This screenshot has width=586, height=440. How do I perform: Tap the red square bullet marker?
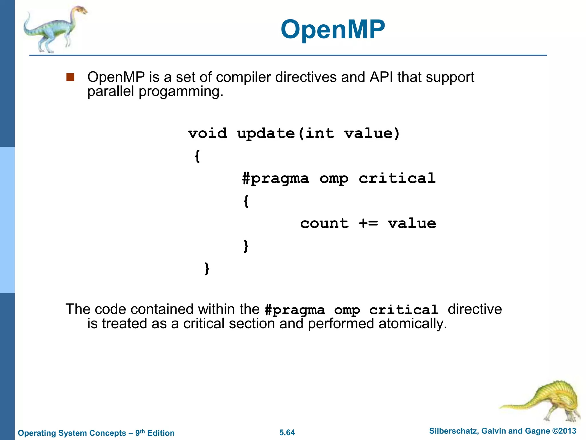click(70, 77)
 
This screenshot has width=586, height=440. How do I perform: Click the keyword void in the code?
click(207, 133)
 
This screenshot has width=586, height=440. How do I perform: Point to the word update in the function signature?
click(266, 133)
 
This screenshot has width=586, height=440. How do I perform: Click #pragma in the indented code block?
click(275, 178)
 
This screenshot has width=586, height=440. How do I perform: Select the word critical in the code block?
click(397, 178)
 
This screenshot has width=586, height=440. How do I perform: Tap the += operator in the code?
click(368, 223)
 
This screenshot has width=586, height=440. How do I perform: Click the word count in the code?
click(324, 223)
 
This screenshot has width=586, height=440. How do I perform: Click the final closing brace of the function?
click(207, 268)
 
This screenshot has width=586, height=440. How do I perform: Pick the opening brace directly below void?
click(197, 156)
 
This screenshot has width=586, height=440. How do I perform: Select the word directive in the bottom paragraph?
click(474, 309)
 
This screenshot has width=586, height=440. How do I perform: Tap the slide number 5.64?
click(287, 433)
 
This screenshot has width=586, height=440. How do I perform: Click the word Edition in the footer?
click(161, 433)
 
